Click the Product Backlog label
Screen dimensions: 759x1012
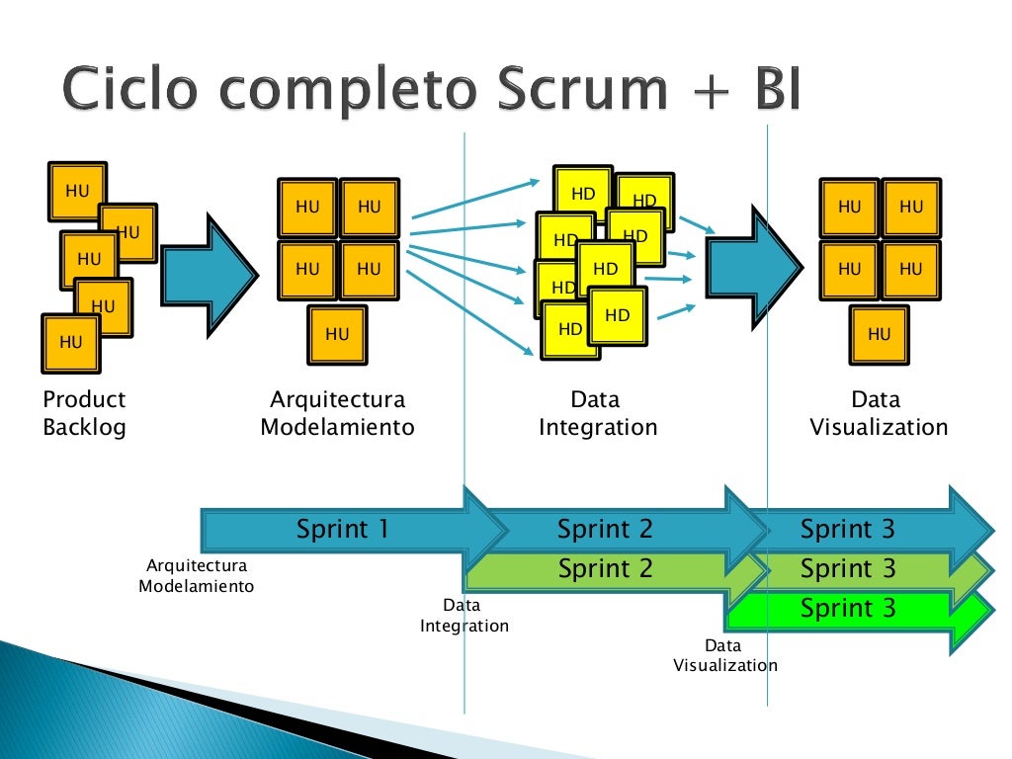coord(84,413)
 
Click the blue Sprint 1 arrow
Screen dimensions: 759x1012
coord(342,530)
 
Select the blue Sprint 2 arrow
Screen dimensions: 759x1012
coord(605,530)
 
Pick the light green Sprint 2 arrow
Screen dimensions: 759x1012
coord(605,569)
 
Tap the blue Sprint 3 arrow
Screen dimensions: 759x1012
coord(848,530)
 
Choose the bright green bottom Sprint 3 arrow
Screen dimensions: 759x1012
coord(848,608)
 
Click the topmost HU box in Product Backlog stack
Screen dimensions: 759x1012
coord(76,191)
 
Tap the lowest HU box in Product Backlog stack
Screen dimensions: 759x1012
coord(70,343)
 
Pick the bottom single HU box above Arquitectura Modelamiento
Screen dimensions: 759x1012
coord(337,335)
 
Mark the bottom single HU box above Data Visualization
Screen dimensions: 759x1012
coord(879,335)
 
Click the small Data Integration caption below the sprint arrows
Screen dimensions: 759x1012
coord(464,616)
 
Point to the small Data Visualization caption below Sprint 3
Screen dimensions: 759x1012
coord(724,655)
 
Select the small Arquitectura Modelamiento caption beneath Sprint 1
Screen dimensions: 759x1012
coord(196,576)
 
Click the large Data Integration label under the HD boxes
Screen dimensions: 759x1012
coord(597,413)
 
